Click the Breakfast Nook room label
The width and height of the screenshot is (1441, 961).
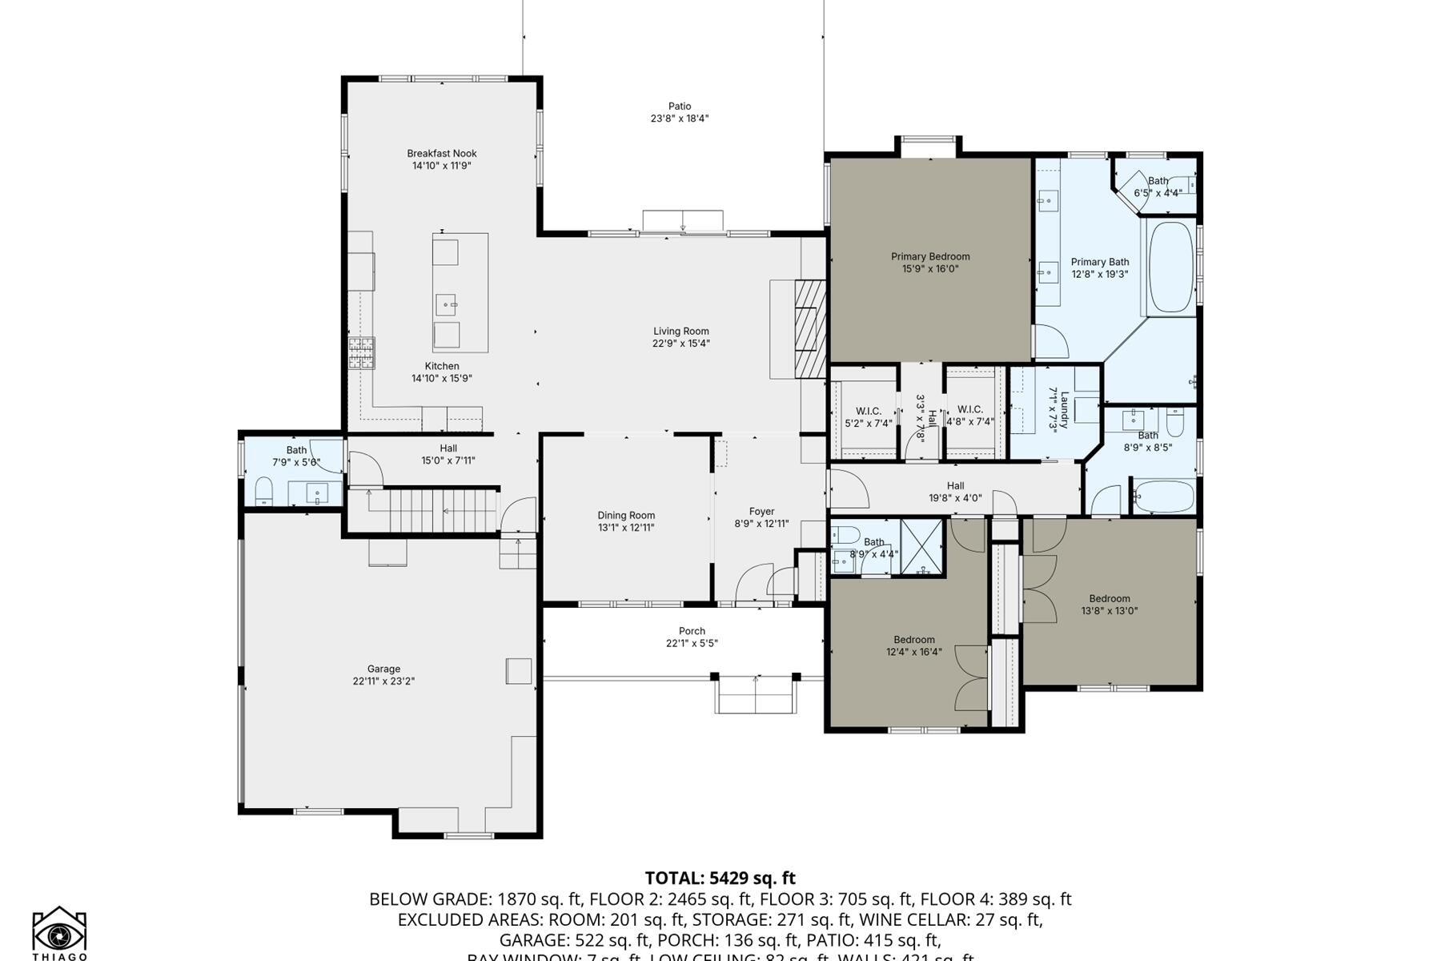pos(442,153)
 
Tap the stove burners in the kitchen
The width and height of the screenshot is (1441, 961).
pos(361,352)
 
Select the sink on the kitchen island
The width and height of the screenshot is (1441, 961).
pos(446,304)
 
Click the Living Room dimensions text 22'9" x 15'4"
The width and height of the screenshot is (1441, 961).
pos(680,344)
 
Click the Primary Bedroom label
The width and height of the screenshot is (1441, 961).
pos(930,256)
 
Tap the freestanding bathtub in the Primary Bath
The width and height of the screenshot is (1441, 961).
pos(1170,267)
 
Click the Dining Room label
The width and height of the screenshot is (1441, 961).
pos(626,516)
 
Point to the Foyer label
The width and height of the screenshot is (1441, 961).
pos(761,512)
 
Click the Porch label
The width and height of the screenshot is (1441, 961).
pos(692,631)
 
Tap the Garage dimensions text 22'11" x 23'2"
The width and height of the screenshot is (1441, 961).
pos(383,682)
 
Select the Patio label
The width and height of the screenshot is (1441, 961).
pos(680,106)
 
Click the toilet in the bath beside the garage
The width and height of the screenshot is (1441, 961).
pos(264,490)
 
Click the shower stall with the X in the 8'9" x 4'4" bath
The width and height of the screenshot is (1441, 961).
pos(922,548)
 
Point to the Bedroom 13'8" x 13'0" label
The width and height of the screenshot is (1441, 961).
pos(1109,599)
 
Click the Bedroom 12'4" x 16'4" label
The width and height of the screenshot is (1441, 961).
pos(913,640)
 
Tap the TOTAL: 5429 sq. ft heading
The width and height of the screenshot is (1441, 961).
pos(720,878)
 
